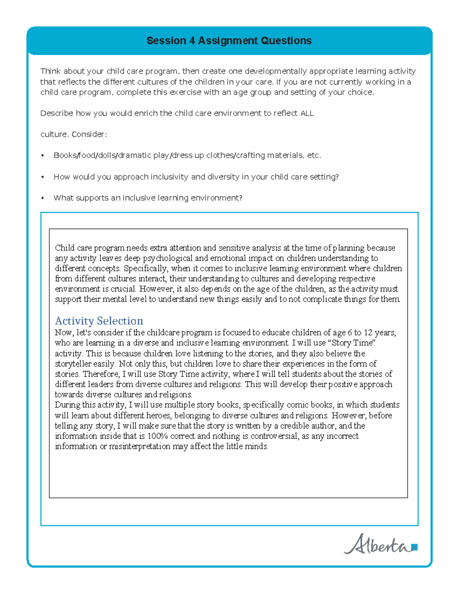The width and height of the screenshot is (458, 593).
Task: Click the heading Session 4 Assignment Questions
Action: point(229,41)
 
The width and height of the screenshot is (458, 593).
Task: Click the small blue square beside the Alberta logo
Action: point(415,547)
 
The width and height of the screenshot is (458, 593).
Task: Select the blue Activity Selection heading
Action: point(99,321)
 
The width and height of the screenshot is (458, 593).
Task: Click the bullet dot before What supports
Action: point(43,198)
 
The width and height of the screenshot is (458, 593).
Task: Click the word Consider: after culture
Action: point(89,134)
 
